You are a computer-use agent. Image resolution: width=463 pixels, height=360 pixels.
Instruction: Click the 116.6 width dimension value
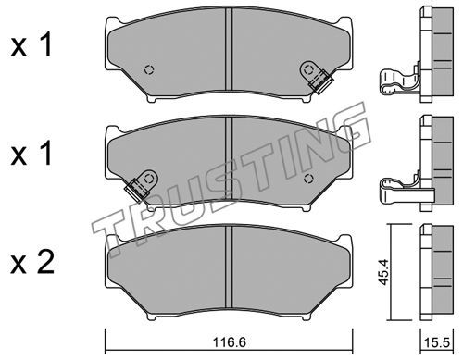click(x=229, y=342)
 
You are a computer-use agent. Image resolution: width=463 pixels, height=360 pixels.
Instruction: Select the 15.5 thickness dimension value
click(x=437, y=342)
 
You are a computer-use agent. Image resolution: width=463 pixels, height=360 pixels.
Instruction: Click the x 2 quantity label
click(x=32, y=263)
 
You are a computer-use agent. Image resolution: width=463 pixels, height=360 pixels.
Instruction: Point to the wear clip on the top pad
click(x=316, y=77)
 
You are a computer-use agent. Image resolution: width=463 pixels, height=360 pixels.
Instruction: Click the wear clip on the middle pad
click(x=141, y=184)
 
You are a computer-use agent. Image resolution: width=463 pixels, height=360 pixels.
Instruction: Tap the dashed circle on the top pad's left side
click(x=149, y=70)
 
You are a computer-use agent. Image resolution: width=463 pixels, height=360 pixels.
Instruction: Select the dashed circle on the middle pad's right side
click(x=308, y=179)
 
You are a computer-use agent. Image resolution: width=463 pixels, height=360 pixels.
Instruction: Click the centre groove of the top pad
click(x=229, y=49)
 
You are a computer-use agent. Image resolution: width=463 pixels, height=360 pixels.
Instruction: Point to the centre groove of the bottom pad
click(x=229, y=267)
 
